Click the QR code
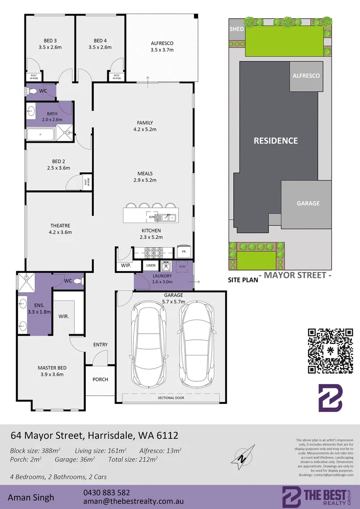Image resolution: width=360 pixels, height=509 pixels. (330, 351)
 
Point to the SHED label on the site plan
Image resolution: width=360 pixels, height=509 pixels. (237, 29)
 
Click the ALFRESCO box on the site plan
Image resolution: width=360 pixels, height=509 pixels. (306, 76)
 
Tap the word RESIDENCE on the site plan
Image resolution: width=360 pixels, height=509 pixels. (276, 140)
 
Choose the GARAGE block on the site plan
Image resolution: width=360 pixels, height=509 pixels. (308, 204)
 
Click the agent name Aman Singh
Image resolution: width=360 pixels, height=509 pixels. (31, 497)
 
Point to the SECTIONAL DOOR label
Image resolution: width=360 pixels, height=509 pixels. (171, 398)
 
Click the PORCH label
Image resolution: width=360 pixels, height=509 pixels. (100, 379)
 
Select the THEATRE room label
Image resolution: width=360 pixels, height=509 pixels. (60, 225)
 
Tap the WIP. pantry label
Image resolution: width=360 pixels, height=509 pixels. (125, 266)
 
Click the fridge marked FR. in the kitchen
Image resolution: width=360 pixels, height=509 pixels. (184, 252)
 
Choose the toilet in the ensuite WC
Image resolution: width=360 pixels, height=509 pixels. (78, 281)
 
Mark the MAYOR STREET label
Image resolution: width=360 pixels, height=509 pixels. (295, 275)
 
